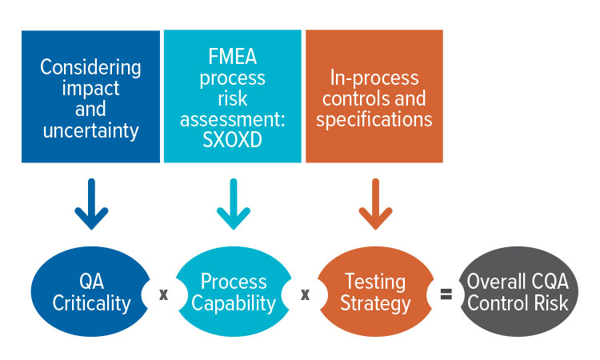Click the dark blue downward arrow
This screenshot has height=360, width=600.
click(x=91, y=204)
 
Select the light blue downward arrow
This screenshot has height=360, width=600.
click(x=234, y=204)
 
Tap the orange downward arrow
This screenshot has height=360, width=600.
click(x=375, y=204)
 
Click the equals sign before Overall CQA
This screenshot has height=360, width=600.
click(x=446, y=294)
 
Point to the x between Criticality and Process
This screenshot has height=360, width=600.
click(x=163, y=294)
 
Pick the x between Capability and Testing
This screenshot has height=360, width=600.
click(x=305, y=294)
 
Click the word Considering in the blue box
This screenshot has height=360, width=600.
click(x=90, y=68)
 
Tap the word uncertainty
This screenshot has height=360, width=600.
click(x=90, y=131)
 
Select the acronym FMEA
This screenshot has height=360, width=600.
click(x=233, y=57)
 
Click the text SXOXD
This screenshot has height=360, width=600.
click(x=232, y=140)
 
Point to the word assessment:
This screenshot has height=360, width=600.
click(x=233, y=119)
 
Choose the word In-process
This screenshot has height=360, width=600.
click(x=374, y=78)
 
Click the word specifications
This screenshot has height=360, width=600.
click(x=374, y=120)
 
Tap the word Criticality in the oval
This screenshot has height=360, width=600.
click(x=91, y=304)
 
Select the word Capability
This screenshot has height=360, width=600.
click(x=234, y=304)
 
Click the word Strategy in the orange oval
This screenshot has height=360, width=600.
click(x=375, y=304)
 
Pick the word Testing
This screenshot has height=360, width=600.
click(x=375, y=282)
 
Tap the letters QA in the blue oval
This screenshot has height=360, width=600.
click(x=91, y=282)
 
